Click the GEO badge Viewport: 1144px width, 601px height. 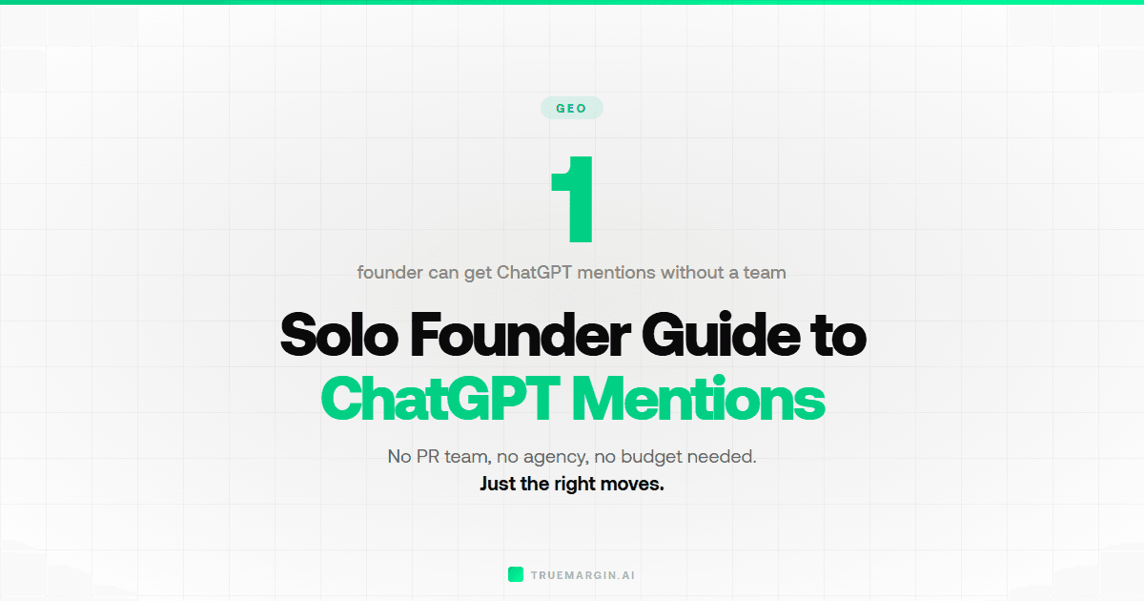[x=571, y=108]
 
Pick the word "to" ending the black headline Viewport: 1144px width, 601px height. [x=839, y=335]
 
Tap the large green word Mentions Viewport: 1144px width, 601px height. [x=698, y=400]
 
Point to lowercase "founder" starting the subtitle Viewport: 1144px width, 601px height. [x=391, y=273]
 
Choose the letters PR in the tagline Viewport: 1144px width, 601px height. [x=427, y=457]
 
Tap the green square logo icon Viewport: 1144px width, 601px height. [x=516, y=574]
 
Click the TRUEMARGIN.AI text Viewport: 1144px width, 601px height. [x=582, y=575]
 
